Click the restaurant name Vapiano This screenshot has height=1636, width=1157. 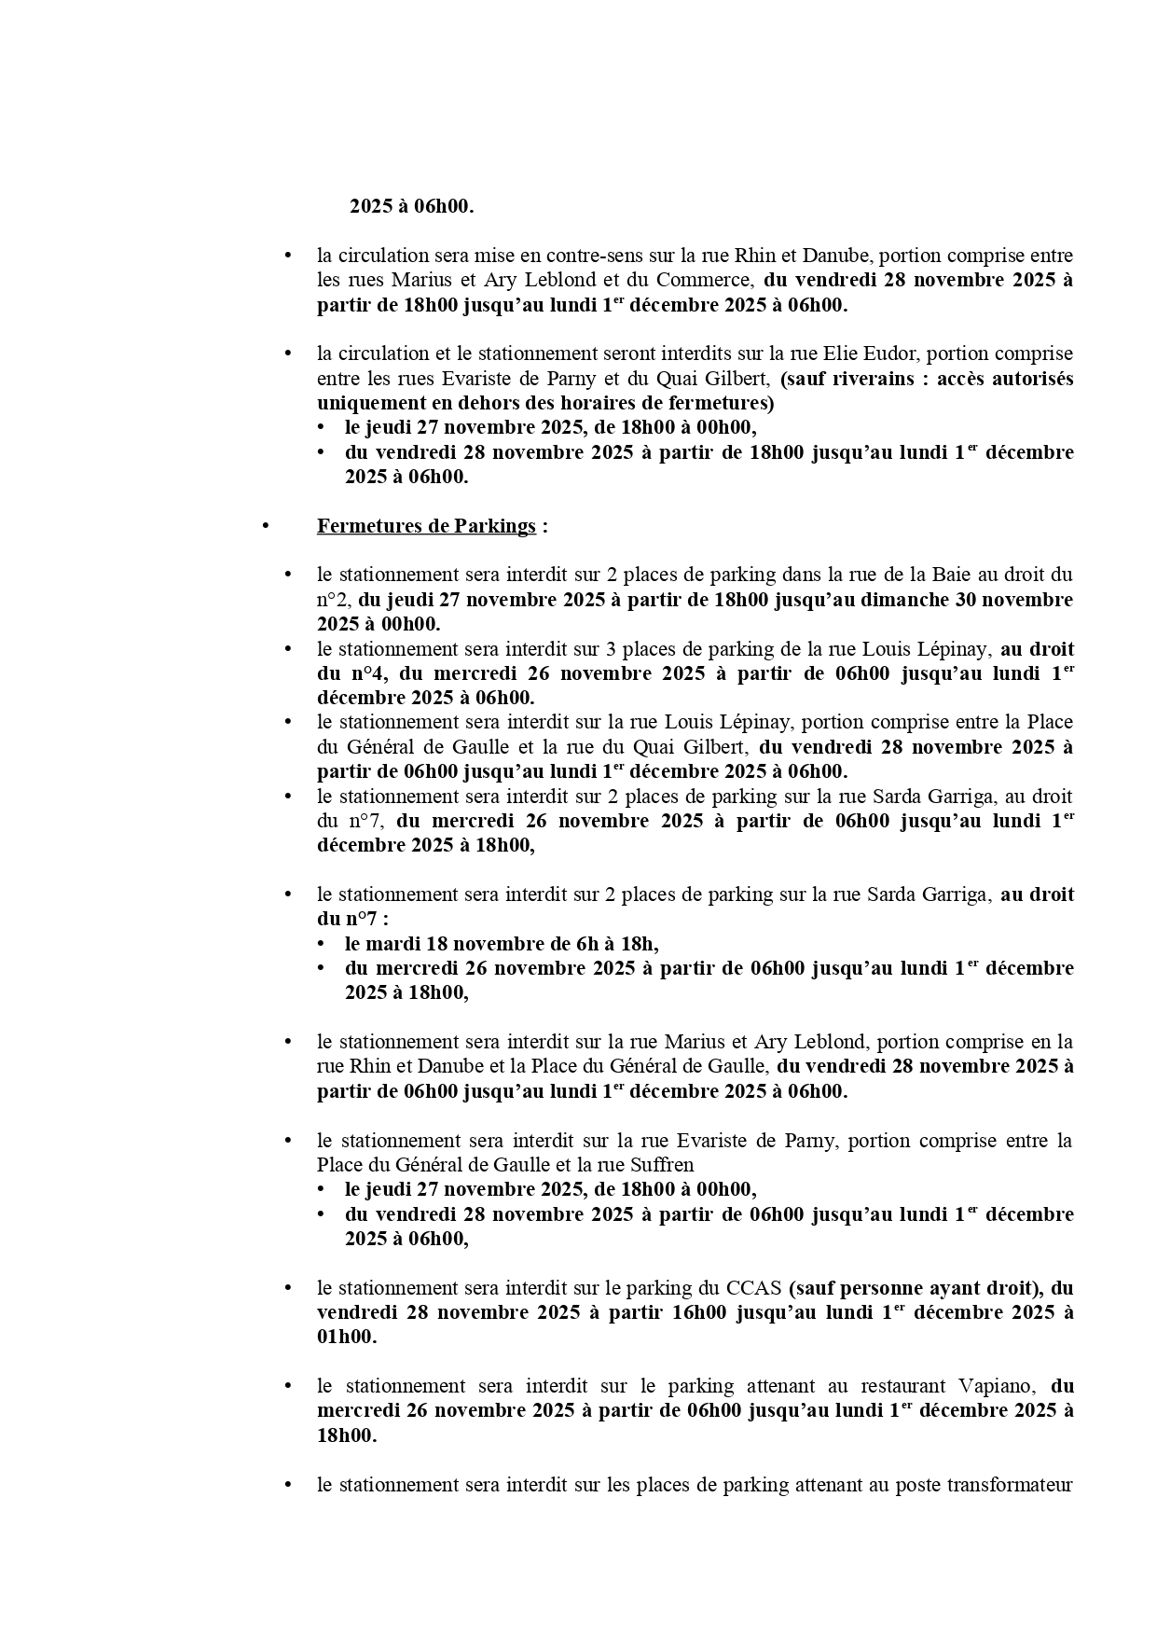[995, 1386]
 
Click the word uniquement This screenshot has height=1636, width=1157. [367, 403]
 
